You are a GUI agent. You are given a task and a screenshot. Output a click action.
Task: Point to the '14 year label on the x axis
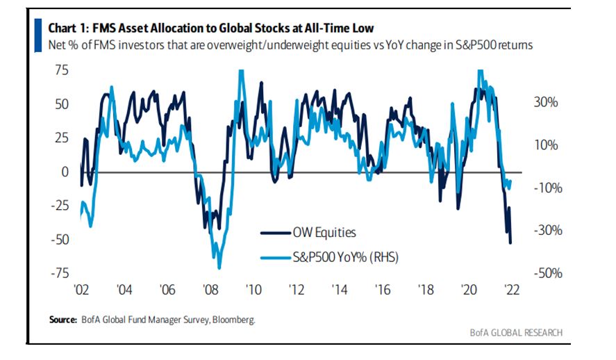pos(339,290)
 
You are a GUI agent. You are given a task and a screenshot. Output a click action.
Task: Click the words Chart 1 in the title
pos(69,28)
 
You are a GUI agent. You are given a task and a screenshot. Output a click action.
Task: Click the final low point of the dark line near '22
pos(511,243)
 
